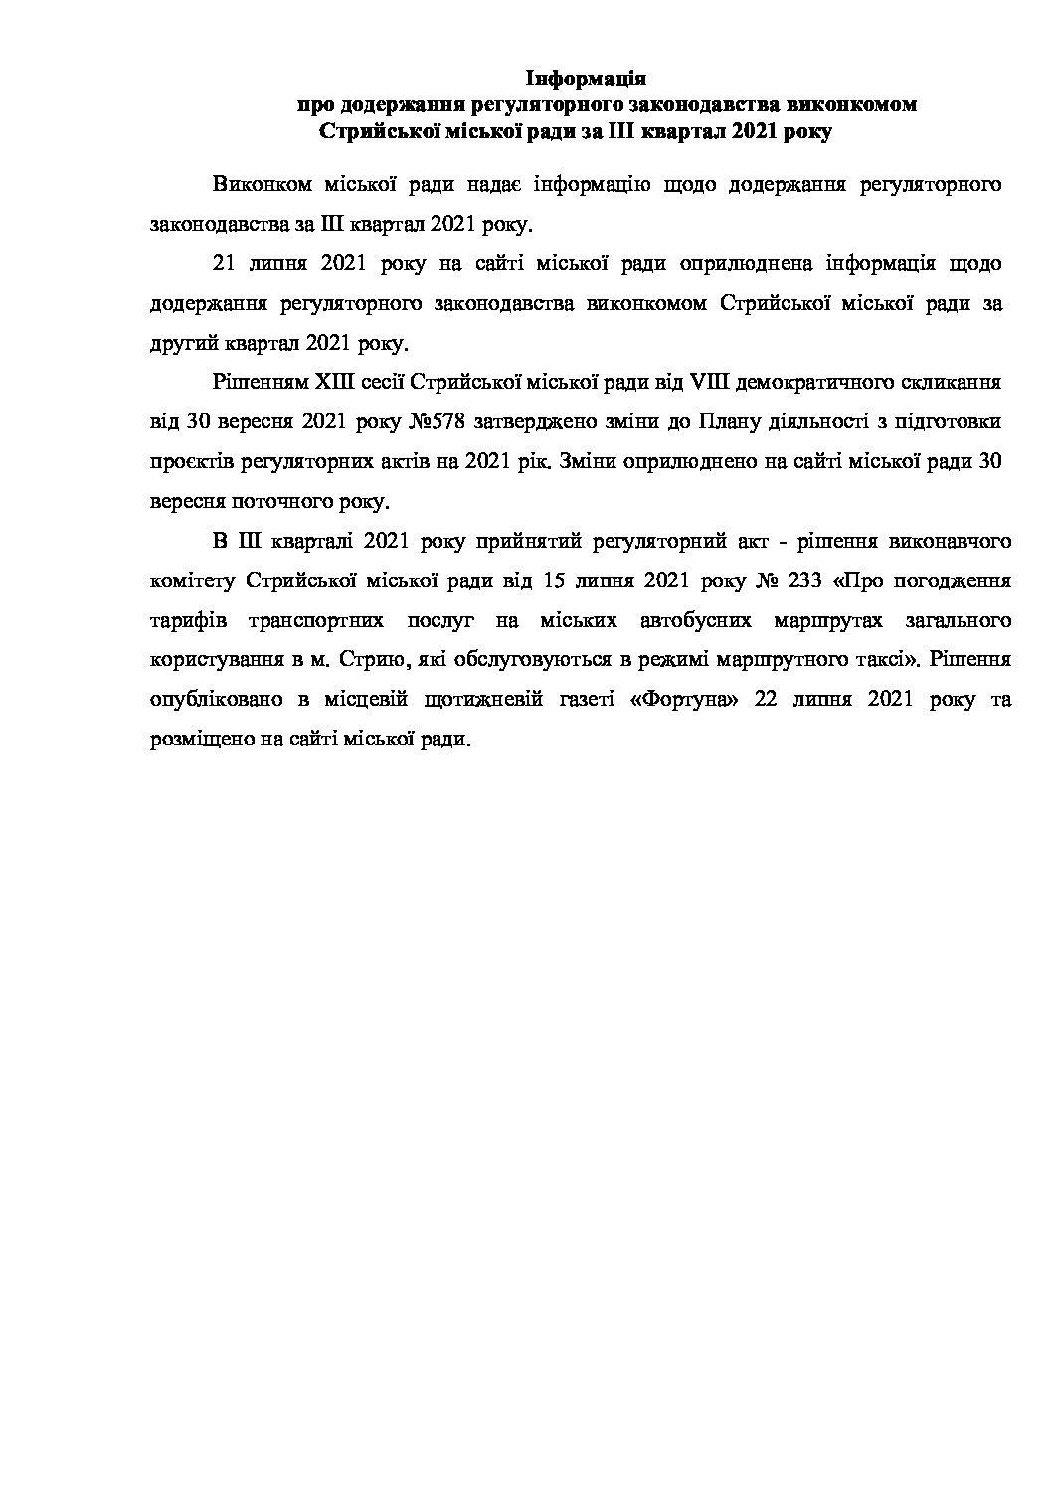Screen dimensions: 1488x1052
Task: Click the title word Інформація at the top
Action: coord(586,78)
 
